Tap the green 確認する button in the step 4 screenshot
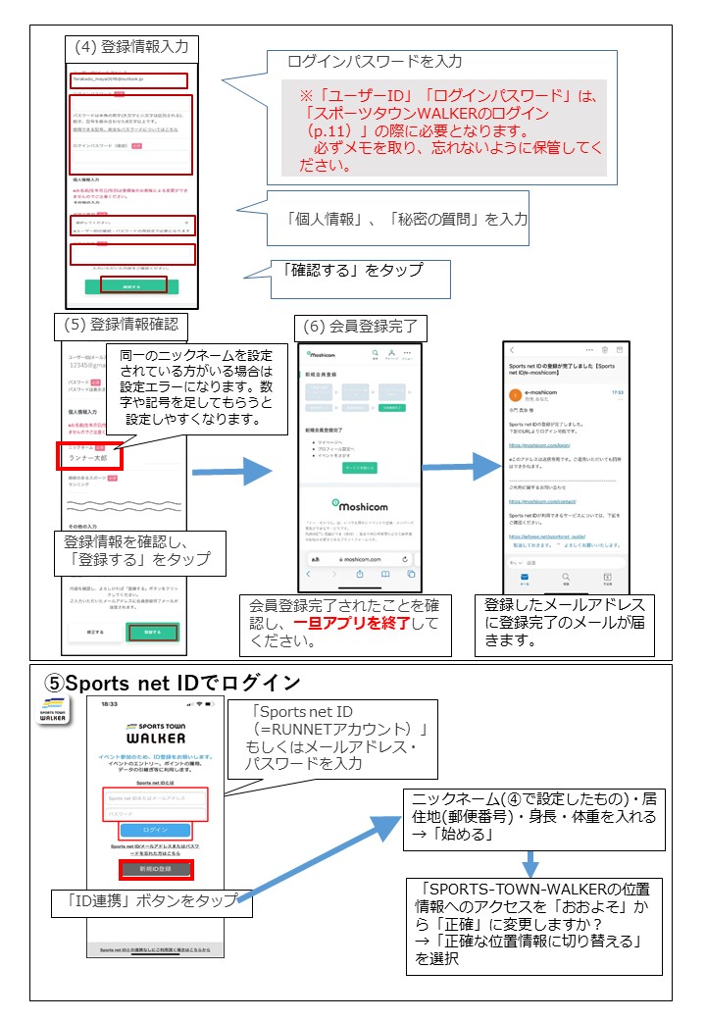pos(133,285)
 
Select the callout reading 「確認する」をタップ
pos(360,279)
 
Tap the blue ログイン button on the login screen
pos(155,829)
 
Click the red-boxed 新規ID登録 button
pos(156,869)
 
